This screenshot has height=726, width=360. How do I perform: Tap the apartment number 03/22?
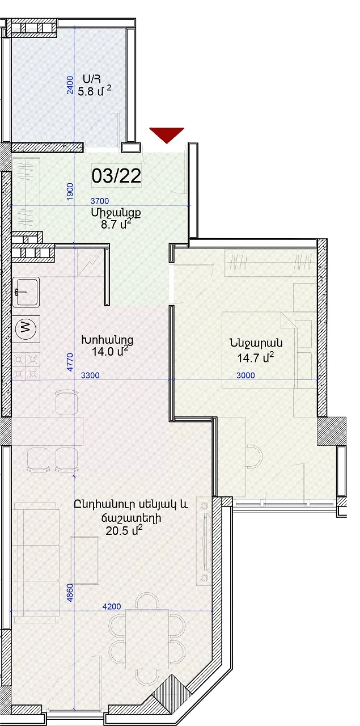click(116, 176)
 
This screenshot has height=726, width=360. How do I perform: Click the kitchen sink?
click(26, 292)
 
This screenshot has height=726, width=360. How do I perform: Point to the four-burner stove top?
click(26, 366)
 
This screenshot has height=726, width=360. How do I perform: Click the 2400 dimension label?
click(70, 85)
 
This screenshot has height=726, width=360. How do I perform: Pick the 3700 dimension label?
click(99, 201)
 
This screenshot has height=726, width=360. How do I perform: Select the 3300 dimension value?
click(90, 375)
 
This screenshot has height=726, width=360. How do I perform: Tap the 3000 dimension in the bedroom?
click(245, 375)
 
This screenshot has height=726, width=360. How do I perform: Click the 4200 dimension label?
click(112, 606)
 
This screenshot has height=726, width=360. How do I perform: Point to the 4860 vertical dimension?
click(70, 593)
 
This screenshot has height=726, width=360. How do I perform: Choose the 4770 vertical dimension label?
click(70, 362)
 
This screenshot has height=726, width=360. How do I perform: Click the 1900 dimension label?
click(70, 192)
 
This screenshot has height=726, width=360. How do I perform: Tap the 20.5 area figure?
click(117, 531)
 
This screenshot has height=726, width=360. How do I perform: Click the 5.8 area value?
click(86, 91)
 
